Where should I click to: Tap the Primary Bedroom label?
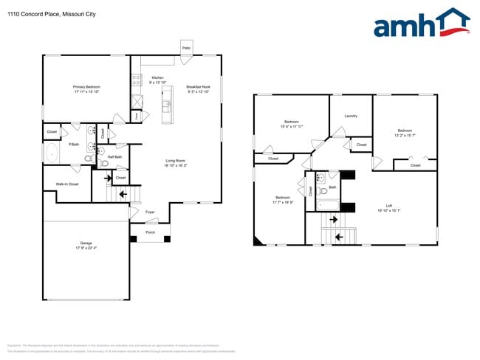[x=87, y=87]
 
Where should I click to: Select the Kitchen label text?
[x=157, y=77]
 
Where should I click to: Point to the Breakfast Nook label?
[x=199, y=87]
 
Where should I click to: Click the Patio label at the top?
[x=187, y=46]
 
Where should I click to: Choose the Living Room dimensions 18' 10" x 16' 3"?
[x=175, y=165]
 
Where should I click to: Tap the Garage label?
[x=86, y=243]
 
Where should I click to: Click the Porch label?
[x=150, y=232]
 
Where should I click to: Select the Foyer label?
[x=150, y=212]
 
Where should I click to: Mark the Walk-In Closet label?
[x=67, y=184]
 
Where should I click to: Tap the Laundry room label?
[x=351, y=116]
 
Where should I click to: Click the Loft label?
[x=389, y=206]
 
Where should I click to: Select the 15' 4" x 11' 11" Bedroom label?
[x=291, y=122]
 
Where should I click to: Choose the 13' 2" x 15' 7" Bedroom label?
[x=405, y=132]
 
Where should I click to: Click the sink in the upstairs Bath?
[x=320, y=179]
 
